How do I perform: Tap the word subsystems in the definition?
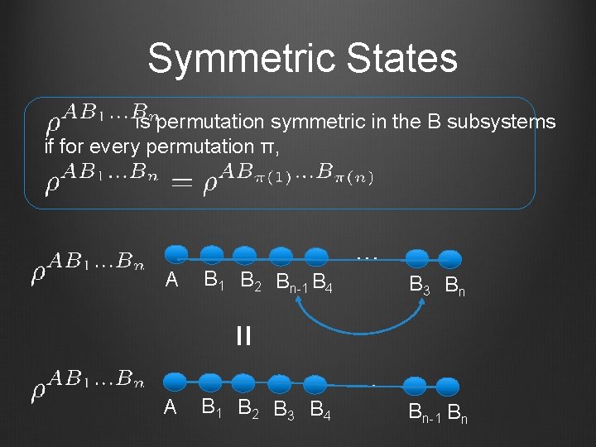click(x=501, y=123)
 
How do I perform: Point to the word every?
click(x=114, y=147)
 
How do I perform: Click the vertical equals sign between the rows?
click(x=243, y=336)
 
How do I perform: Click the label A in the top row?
click(x=171, y=280)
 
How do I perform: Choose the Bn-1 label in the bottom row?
click(x=425, y=411)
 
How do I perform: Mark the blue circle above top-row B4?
click(x=315, y=257)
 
